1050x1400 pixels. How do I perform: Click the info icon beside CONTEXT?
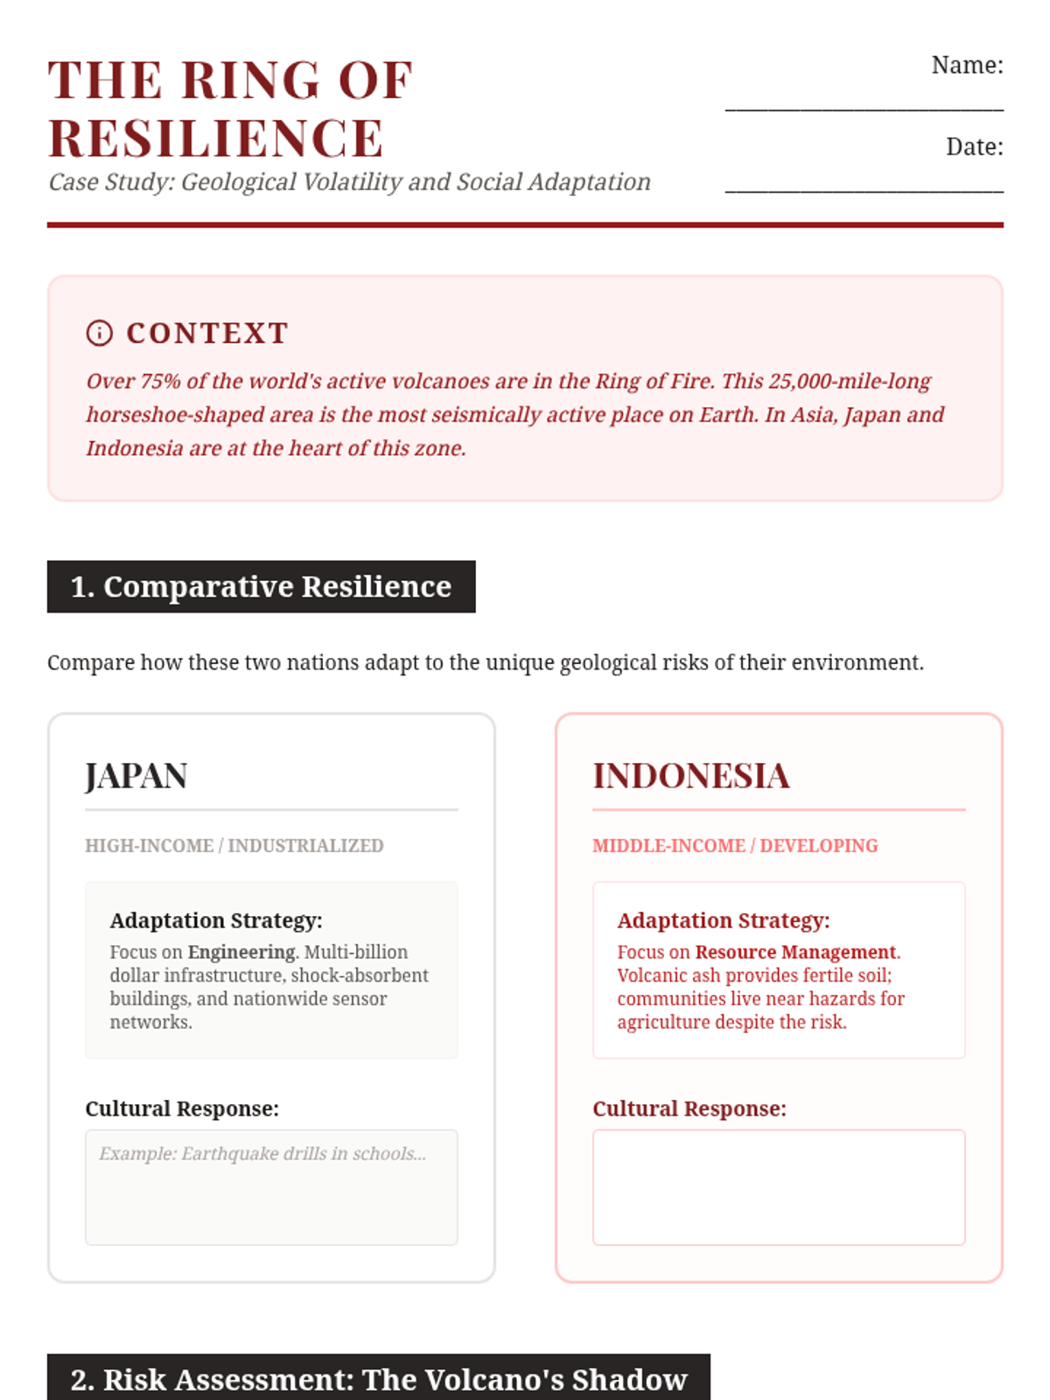[x=100, y=333]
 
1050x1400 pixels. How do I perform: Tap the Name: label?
[x=967, y=66]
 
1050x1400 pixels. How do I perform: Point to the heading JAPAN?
[x=136, y=776]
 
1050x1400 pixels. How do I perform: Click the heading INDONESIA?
[x=691, y=776]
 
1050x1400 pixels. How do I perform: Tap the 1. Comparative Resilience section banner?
[x=261, y=586]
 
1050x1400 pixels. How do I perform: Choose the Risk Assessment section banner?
[x=378, y=1379]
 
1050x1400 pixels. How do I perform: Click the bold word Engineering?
[x=241, y=952]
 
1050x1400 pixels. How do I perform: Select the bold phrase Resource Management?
[x=795, y=952]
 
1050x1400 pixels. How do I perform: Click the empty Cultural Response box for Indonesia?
[x=779, y=1187]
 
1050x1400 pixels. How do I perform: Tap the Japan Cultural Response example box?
[x=271, y=1187]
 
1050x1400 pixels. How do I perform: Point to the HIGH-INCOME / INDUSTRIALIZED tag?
[x=234, y=846]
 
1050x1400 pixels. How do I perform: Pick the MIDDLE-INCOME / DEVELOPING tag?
[x=735, y=846]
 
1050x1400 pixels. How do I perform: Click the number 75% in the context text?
[x=160, y=381]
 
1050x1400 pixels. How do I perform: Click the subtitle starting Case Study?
[x=349, y=182]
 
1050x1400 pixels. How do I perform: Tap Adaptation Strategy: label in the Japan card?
[x=216, y=920]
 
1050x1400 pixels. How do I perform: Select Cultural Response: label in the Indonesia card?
[x=689, y=1109]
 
